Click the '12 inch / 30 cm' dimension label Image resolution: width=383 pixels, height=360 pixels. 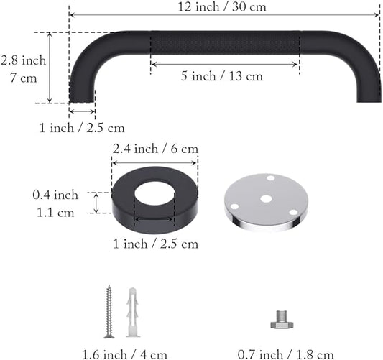pyautogui.click(x=224, y=6)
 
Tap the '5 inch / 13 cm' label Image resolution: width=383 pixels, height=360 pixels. pyautogui.click(x=225, y=75)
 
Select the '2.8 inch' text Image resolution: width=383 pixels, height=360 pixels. pyautogui.click(x=24, y=60)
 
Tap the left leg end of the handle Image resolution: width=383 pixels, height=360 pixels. pyautogui.click(x=82, y=93)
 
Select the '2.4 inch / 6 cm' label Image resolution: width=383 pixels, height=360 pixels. pyautogui.click(x=155, y=149)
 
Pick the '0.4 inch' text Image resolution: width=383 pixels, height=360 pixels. pyautogui.click(x=55, y=195)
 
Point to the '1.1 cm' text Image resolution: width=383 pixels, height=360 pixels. pyautogui.click(x=55, y=212)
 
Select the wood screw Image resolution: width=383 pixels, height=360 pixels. pyautogui.click(x=109, y=310)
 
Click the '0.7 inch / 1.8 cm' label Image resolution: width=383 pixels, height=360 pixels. pyautogui.click(x=286, y=354)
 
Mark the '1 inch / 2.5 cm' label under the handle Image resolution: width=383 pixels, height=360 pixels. pyautogui.click(x=82, y=128)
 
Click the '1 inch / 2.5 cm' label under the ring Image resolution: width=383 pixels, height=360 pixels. pyautogui.click(x=155, y=244)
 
